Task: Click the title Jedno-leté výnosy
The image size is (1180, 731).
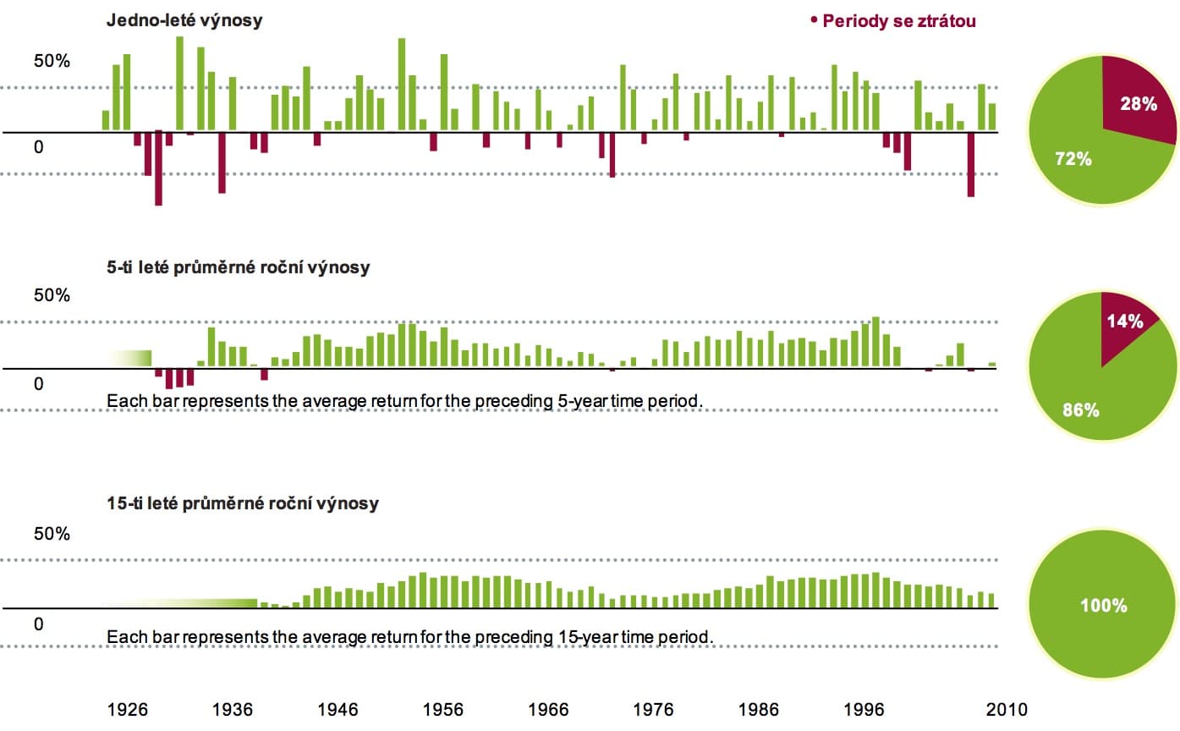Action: click(x=184, y=21)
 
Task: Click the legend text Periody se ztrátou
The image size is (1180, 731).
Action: click(x=898, y=21)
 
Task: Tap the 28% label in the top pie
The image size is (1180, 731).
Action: click(x=1139, y=104)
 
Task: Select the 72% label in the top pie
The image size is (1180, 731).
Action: click(x=1073, y=157)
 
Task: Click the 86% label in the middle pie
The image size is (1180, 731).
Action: click(x=1080, y=410)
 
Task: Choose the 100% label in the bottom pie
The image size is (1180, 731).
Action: click(x=1104, y=606)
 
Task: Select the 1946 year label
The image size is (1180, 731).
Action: click(x=338, y=709)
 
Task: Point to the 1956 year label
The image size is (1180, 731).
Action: click(x=443, y=709)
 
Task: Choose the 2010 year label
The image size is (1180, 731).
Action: click(x=1006, y=709)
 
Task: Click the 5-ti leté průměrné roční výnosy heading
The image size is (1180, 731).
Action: click(x=238, y=268)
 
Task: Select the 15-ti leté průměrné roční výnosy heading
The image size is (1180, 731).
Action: click(x=243, y=503)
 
